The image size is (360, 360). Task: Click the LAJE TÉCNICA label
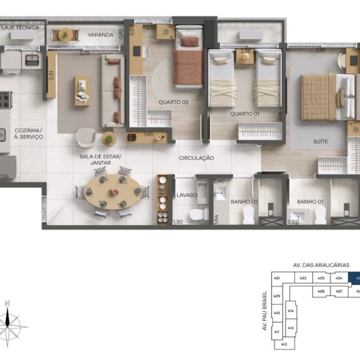[x=20, y=27]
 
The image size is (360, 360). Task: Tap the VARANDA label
[x=101, y=35]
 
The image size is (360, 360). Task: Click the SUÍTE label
[x=321, y=142]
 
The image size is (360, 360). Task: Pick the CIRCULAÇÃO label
[x=196, y=158]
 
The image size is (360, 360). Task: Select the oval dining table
[x=112, y=192]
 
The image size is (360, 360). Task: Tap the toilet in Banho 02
[x=248, y=214]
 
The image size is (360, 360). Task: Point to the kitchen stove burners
[x=4, y=100]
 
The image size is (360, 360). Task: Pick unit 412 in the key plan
[x=284, y=344]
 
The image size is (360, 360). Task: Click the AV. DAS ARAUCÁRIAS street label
[x=321, y=264]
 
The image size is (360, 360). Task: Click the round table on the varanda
[x=65, y=34]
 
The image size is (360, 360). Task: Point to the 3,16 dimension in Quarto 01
[x=280, y=117]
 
